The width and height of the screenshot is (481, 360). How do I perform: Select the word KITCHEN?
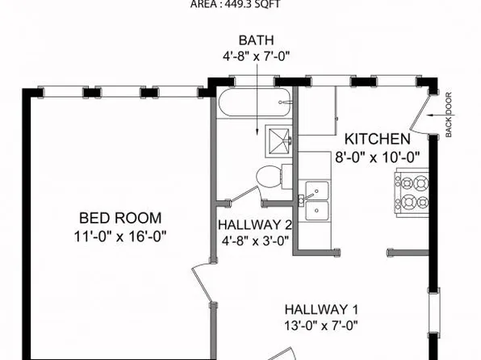tap(379, 139)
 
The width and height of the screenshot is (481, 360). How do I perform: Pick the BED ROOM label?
tap(119, 218)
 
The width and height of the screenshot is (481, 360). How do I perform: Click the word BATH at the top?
tap(256, 40)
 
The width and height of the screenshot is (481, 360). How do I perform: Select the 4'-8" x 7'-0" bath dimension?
tap(256, 57)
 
